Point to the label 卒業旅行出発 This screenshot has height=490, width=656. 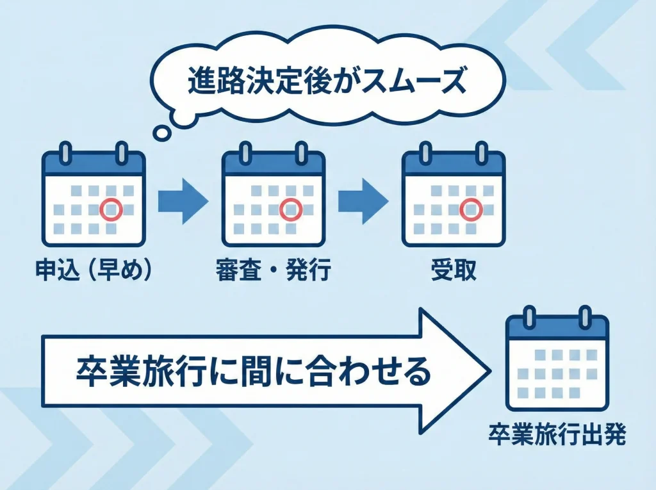point(557,435)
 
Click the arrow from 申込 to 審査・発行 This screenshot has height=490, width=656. point(183,201)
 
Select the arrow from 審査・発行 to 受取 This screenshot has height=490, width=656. point(363,201)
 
